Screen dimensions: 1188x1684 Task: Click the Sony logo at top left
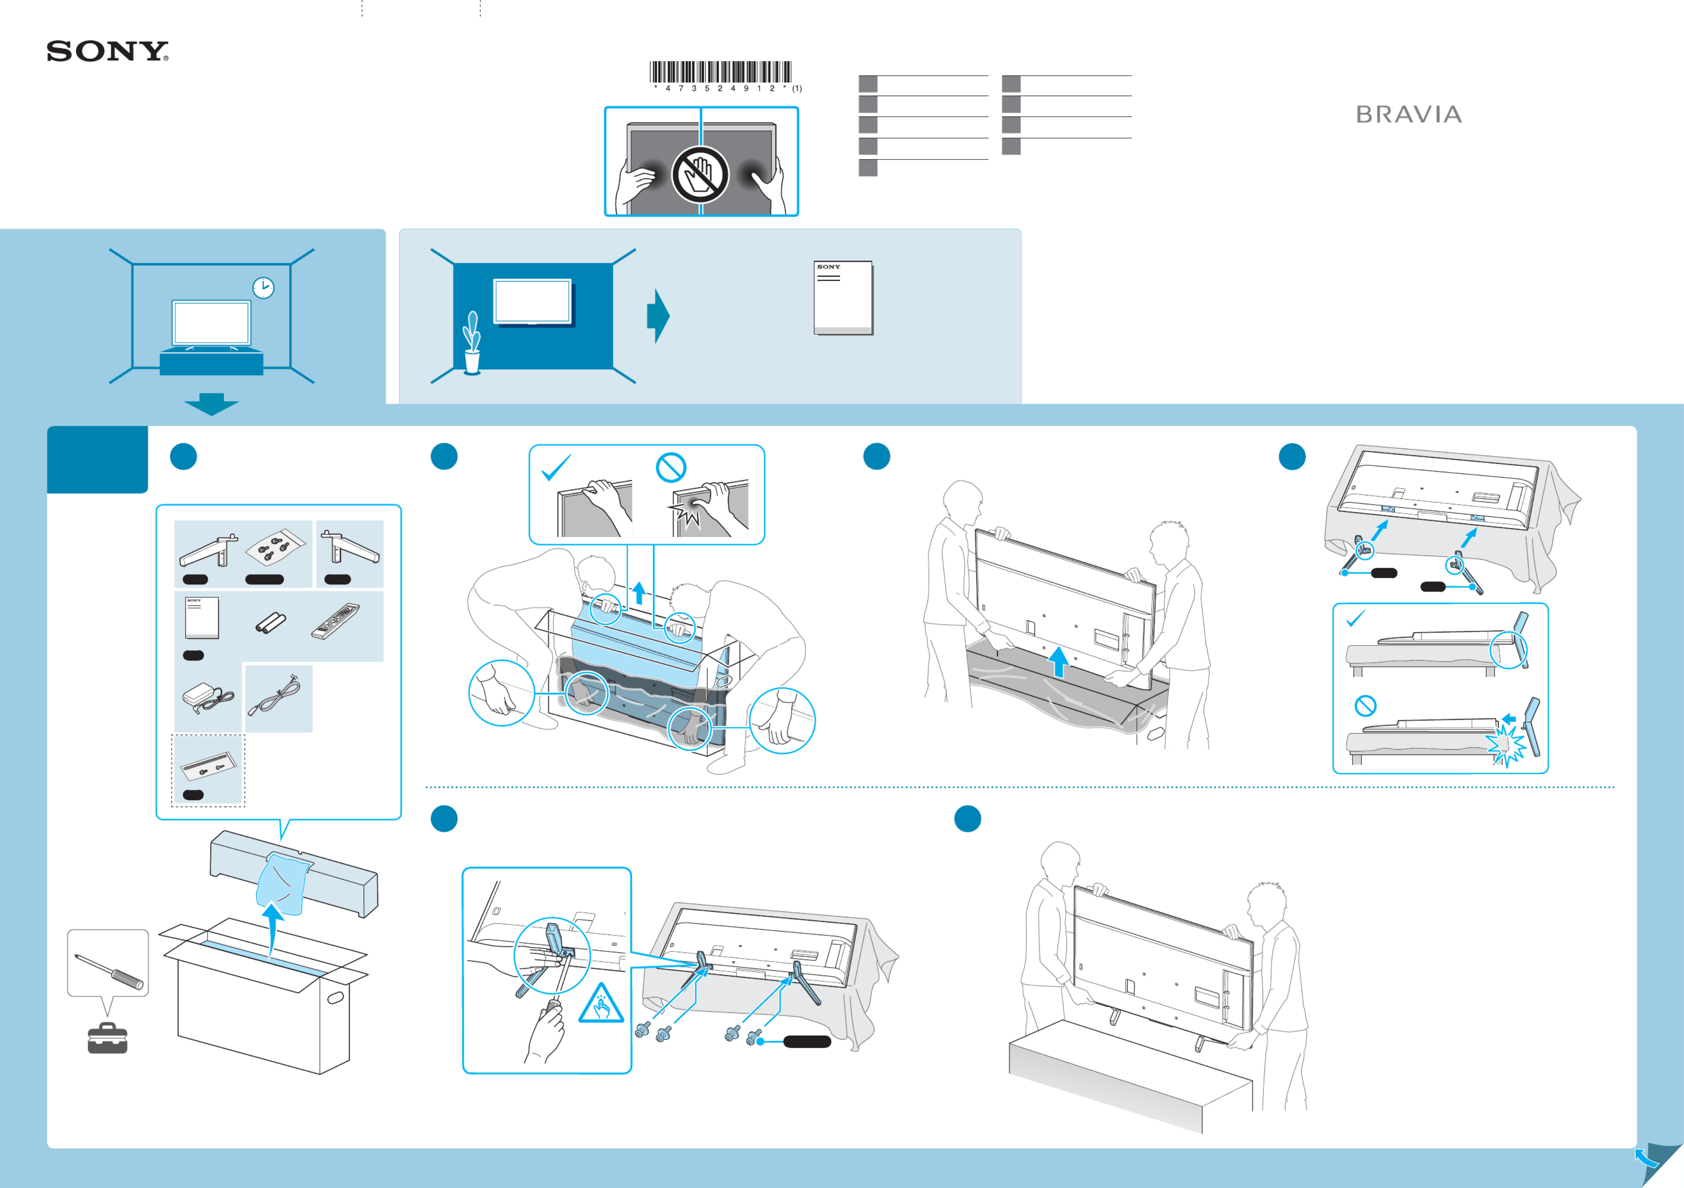tap(107, 51)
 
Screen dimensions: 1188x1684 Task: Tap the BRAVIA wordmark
tap(1408, 114)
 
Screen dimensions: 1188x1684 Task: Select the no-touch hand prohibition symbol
tap(700, 175)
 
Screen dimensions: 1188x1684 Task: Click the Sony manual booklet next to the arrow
tap(843, 298)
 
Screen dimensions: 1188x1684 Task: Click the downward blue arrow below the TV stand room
tap(211, 403)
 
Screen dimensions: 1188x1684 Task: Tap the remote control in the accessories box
tap(335, 621)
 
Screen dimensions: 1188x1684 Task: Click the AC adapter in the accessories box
tap(207, 697)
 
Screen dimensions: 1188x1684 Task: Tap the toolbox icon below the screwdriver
tap(107, 1038)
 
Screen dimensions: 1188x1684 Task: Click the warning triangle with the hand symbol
tap(601, 1004)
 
